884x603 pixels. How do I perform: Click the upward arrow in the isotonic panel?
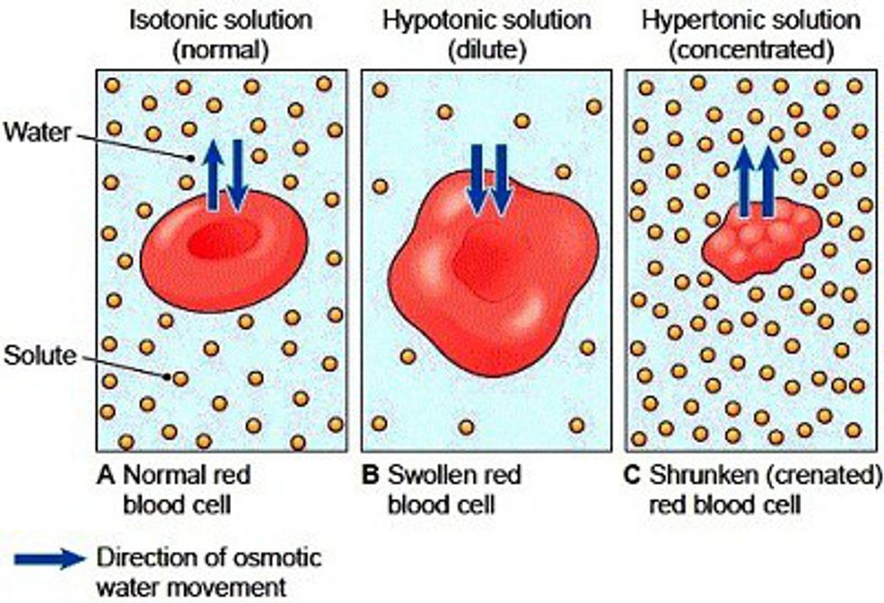point(215,176)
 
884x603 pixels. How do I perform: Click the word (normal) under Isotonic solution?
point(226,50)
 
